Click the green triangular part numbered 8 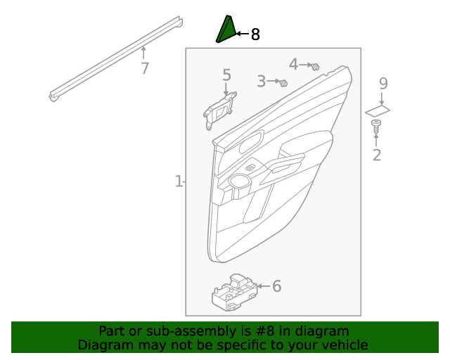pos(225,30)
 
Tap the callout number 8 pos(255,34)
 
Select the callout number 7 pos(144,69)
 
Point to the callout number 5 pos(226,75)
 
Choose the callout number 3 pos(262,82)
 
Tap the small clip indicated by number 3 pos(283,83)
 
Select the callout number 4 pos(294,64)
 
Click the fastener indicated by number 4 pos(316,67)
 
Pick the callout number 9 pos(383,83)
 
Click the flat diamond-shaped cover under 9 pos(378,110)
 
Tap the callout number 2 pos(377,155)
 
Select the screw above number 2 pos(376,127)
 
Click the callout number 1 pos(179,181)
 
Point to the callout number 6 pos(276,286)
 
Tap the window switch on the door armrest pos(251,167)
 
